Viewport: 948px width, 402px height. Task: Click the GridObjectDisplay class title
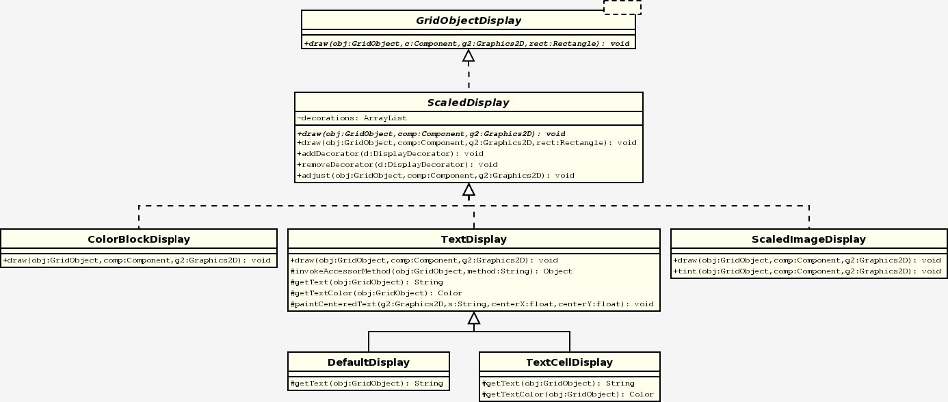469,21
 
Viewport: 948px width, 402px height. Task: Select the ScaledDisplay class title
469,103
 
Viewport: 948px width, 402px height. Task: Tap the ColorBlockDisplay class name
139,239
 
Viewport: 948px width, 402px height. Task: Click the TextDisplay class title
474,239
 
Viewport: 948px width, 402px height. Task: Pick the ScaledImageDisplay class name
808,239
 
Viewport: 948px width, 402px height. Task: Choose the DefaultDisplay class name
369,362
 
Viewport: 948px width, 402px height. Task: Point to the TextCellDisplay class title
570,362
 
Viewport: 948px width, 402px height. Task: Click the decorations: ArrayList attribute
352,118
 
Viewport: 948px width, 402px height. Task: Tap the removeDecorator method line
397,165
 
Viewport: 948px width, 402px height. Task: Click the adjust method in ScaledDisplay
436,176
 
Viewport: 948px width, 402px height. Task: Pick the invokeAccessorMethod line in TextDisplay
432,271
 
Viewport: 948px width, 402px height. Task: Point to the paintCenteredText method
472,304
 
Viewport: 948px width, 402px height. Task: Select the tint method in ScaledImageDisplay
807,271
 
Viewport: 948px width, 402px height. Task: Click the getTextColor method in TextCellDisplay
568,394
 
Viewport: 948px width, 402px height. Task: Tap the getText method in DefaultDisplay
367,384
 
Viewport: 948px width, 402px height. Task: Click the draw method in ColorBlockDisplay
137,260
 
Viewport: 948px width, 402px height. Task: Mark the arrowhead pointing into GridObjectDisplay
469,55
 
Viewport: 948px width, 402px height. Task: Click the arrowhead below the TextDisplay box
474,318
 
